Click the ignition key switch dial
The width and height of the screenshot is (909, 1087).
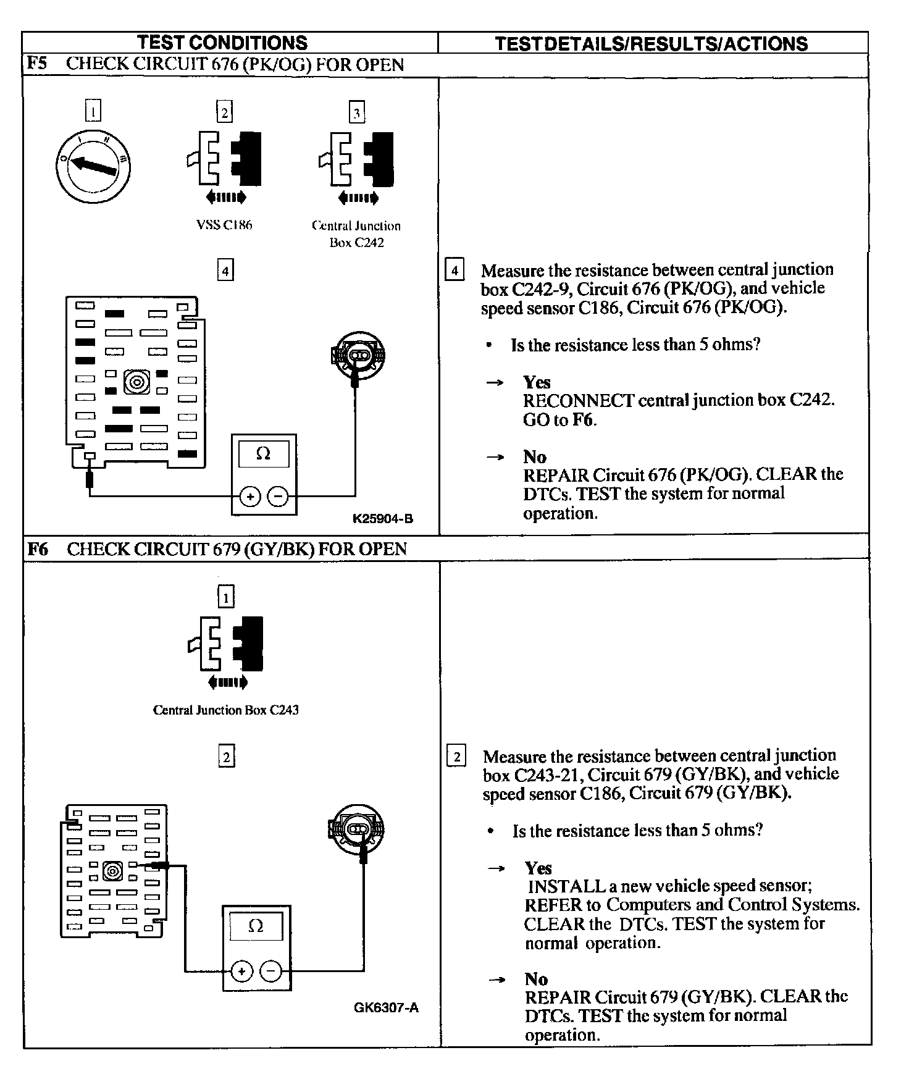(92, 166)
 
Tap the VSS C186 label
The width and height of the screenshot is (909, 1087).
(224, 225)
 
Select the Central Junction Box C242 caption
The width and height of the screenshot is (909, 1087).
(356, 234)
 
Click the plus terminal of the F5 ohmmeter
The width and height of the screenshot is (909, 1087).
(250, 496)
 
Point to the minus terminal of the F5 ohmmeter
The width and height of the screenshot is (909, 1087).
(279, 496)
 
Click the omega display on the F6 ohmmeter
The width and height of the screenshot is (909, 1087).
(256, 926)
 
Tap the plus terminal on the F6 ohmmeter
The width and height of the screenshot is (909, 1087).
(241, 972)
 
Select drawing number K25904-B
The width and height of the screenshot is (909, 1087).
(382, 519)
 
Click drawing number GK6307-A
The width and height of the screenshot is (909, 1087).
(386, 1007)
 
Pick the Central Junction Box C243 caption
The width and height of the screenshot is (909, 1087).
(226, 710)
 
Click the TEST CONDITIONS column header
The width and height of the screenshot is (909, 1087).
(222, 43)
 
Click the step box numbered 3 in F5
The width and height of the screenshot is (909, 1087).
(356, 112)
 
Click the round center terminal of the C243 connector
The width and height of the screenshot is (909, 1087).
(112, 871)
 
